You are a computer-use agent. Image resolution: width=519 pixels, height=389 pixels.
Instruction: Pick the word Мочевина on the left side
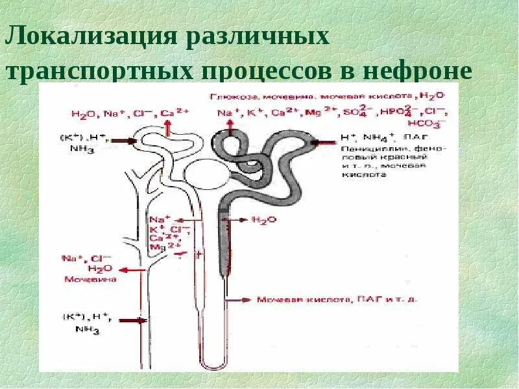[90, 280]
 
